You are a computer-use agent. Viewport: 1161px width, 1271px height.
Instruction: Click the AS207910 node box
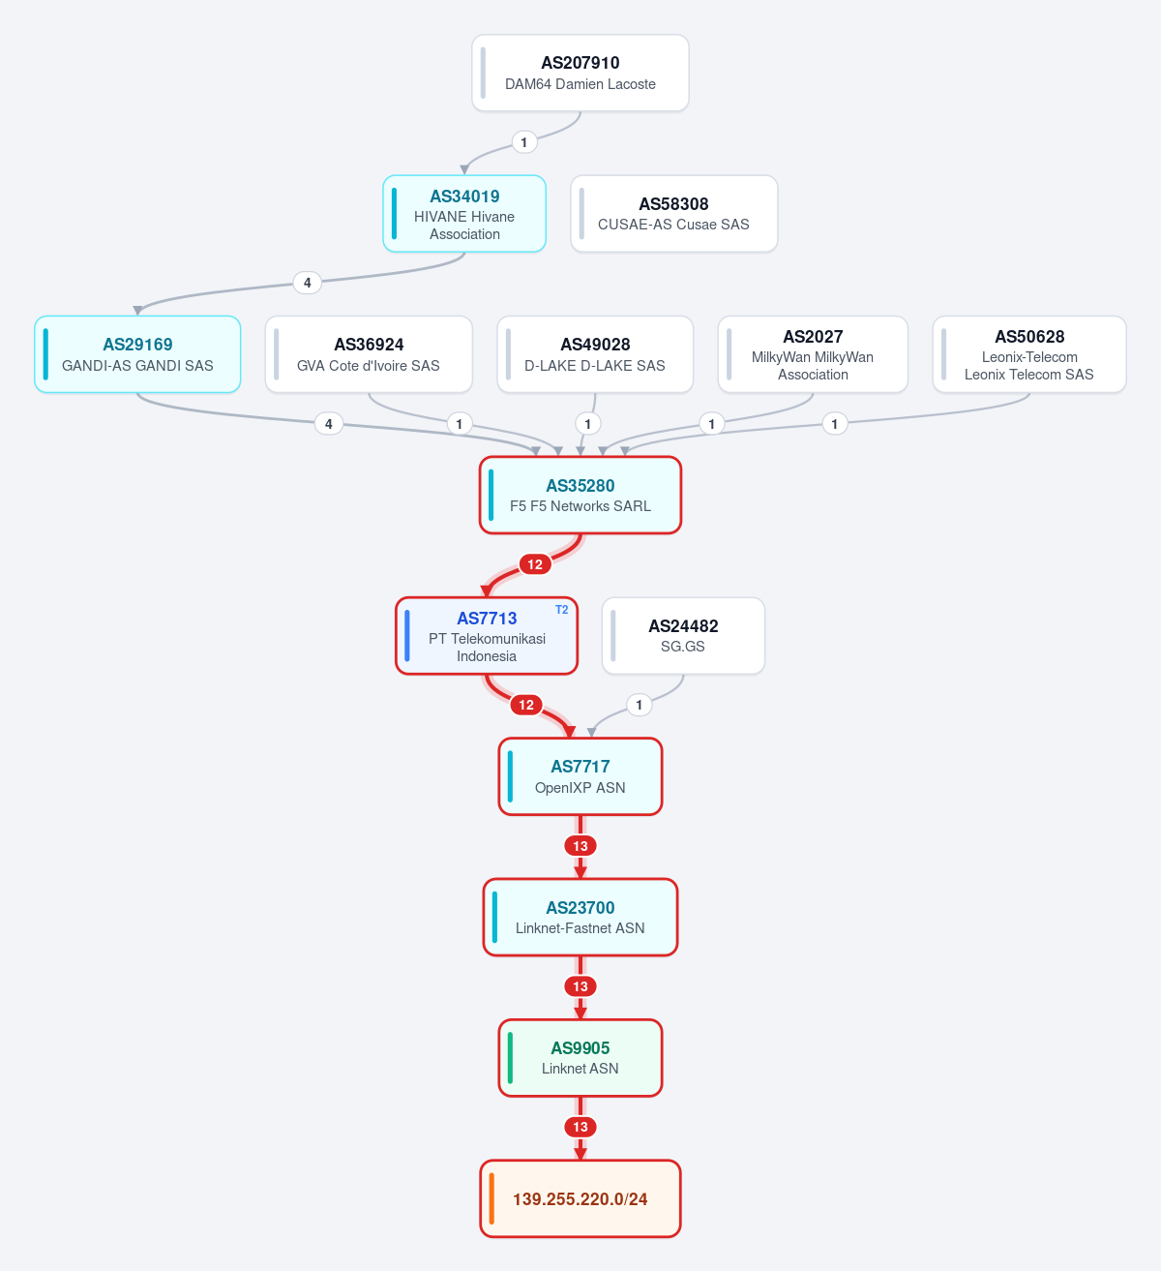580,73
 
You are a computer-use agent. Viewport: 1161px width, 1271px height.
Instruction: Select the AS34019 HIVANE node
464,214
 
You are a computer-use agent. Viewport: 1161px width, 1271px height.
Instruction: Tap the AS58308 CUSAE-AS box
674,214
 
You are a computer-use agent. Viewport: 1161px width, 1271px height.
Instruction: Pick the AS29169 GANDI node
137,354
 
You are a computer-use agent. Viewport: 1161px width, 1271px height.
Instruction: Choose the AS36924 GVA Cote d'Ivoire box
369,354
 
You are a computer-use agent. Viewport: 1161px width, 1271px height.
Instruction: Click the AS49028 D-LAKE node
595,354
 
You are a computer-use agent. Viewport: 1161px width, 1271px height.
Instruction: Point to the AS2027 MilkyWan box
813,354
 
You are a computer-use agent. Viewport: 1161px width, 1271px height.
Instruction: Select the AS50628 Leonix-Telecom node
1029,354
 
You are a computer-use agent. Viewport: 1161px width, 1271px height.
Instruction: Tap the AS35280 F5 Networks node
580,495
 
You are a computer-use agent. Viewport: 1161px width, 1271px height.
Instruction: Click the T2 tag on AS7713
562,610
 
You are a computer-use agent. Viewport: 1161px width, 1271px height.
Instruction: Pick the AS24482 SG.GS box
683,635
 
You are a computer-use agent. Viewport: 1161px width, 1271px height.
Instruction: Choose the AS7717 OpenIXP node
580,776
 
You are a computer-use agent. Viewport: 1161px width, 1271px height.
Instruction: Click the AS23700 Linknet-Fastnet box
580,917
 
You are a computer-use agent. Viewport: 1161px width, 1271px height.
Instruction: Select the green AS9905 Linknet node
580,1057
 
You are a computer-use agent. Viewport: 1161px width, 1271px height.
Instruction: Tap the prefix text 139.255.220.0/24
580,1198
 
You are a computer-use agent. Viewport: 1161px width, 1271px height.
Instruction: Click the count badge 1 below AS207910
523,142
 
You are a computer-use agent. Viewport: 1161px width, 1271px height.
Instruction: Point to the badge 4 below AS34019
308,283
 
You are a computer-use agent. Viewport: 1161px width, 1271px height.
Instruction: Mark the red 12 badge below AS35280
535,564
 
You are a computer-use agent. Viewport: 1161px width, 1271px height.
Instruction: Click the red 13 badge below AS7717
580,846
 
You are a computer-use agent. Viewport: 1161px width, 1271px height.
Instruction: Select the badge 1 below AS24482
640,705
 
